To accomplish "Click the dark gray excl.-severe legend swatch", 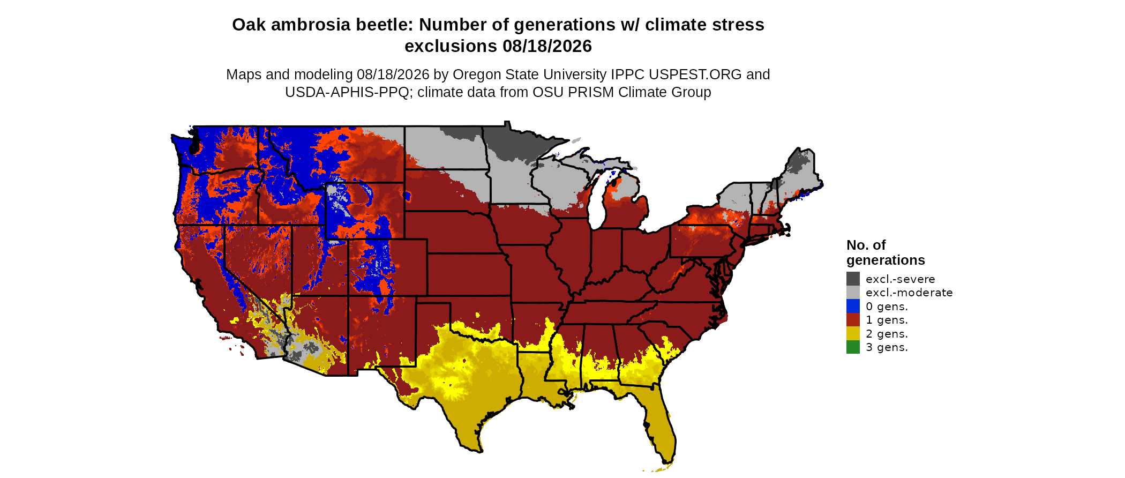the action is click(x=853, y=279).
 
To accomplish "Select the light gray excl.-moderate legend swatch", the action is click(x=853, y=293).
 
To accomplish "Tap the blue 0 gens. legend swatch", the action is click(x=853, y=306).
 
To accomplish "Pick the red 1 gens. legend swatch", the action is click(x=853, y=320).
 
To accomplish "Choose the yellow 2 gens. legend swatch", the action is click(x=853, y=333).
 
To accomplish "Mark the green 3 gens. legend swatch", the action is click(x=853, y=347).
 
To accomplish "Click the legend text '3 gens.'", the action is click(x=887, y=347).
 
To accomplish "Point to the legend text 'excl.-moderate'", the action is click(x=909, y=293).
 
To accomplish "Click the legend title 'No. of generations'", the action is click(x=886, y=252).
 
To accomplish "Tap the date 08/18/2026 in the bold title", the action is click(x=547, y=46).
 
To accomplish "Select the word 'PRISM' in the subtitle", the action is click(x=591, y=92).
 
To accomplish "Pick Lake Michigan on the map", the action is click(x=598, y=201).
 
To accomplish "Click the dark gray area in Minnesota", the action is click(x=512, y=140).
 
